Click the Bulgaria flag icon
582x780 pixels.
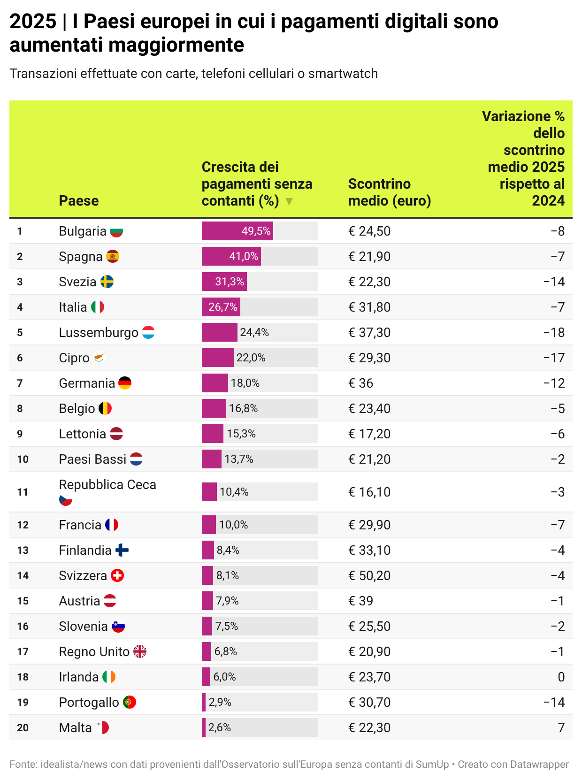coord(116,232)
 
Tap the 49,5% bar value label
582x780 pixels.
coord(256,231)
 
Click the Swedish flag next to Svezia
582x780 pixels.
coord(107,282)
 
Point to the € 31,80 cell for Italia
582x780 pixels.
coord(369,307)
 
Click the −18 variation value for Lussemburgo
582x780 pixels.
coord(554,332)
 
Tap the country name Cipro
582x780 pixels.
coord(74,358)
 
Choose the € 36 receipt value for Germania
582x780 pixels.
coord(360,383)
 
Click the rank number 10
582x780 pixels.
coord(23,459)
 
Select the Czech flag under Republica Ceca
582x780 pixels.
coord(66,500)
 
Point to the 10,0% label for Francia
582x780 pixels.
coord(233,525)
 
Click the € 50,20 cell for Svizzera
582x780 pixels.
coord(369,575)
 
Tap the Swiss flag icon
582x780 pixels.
coord(117,575)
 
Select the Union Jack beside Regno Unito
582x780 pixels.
coord(140,651)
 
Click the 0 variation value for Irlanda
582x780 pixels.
coord(561,677)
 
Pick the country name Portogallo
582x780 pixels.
coord(89,702)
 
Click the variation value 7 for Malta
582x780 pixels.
coord(561,727)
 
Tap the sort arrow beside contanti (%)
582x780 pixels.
coord(289,201)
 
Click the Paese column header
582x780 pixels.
coord(79,201)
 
